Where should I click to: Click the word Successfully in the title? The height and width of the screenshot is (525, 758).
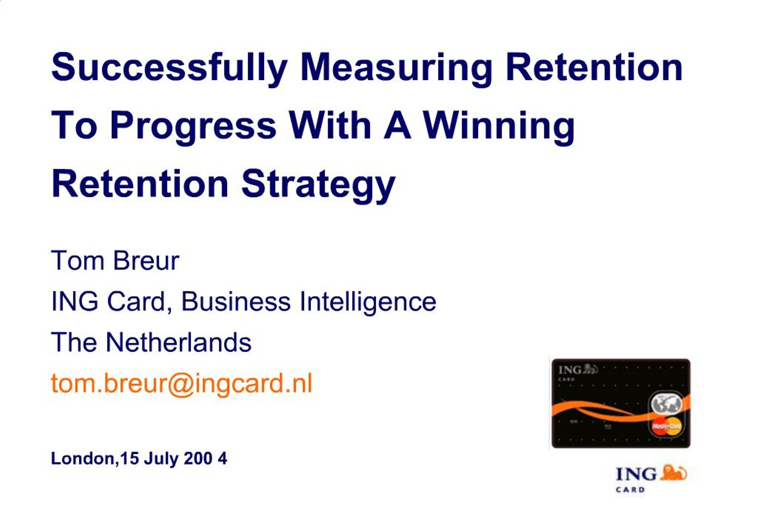pyautogui.click(x=169, y=68)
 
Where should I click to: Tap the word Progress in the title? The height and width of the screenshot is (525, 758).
pyautogui.click(x=193, y=126)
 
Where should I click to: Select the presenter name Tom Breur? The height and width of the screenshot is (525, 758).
pyautogui.click(x=115, y=261)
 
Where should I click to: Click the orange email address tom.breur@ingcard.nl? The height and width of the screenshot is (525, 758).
pyautogui.click(x=182, y=383)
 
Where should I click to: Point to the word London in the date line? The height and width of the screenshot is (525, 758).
pyautogui.click(x=83, y=458)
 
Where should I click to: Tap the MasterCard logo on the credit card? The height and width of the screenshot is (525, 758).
pyautogui.click(x=667, y=426)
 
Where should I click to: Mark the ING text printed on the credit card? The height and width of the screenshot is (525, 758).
pyautogui.click(x=570, y=370)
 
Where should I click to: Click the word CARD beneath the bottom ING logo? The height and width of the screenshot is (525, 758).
pyautogui.click(x=630, y=489)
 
